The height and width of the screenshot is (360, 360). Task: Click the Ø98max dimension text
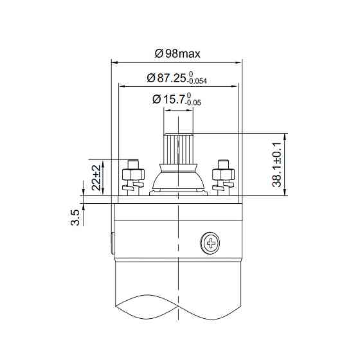177,53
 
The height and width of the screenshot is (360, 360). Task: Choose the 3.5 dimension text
75,217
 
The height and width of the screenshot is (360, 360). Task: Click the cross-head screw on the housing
210,242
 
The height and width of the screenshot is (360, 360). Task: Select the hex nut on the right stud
224,174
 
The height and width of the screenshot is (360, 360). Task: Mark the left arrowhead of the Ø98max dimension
114,62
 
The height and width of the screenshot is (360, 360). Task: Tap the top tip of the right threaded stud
224,160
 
